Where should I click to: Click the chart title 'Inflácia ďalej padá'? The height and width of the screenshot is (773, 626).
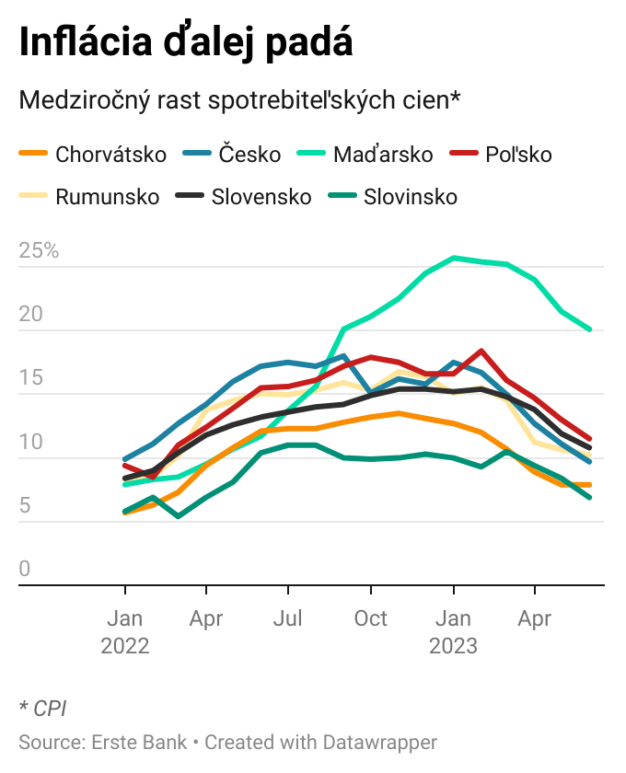click(186, 43)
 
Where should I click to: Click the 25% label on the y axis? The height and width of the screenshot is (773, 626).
click(39, 250)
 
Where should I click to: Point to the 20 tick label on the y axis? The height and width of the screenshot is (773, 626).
click(31, 314)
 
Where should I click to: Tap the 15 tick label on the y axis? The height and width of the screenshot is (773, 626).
click(31, 377)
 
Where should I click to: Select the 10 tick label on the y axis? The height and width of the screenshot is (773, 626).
click(31, 441)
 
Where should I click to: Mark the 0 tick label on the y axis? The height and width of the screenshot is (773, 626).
click(25, 569)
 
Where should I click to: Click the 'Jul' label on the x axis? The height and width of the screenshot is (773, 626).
click(289, 618)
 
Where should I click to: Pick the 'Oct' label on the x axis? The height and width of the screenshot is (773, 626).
click(371, 618)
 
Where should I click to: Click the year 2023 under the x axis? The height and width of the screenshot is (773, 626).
click(453, 646)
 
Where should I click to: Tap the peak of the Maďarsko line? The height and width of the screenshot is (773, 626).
click(454, 258)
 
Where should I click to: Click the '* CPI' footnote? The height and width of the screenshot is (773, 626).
click(42, 708)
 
